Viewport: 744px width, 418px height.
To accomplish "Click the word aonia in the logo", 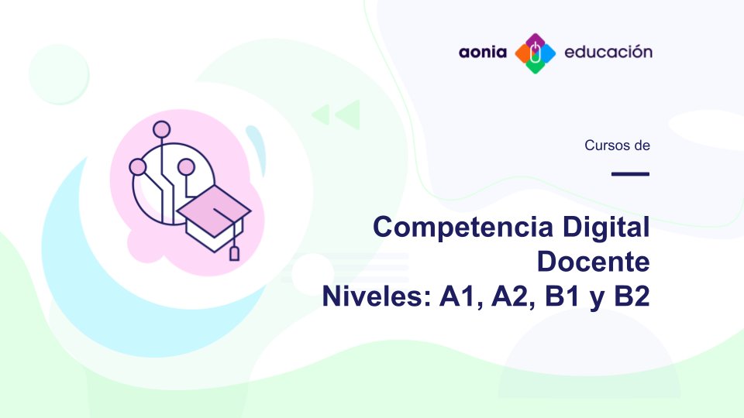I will point(483,53).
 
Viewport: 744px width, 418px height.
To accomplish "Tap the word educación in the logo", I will point(608,53).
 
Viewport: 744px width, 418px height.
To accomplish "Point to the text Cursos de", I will point(617,145).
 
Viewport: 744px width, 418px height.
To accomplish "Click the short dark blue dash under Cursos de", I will point(629,173).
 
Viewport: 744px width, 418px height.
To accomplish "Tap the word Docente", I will point(593,262).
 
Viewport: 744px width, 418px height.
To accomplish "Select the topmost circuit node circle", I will point(161,129).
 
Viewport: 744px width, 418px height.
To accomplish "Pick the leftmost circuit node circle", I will point(138,166).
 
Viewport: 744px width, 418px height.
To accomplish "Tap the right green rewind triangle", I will point(347,115).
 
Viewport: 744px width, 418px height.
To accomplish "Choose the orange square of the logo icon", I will point(522,53).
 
